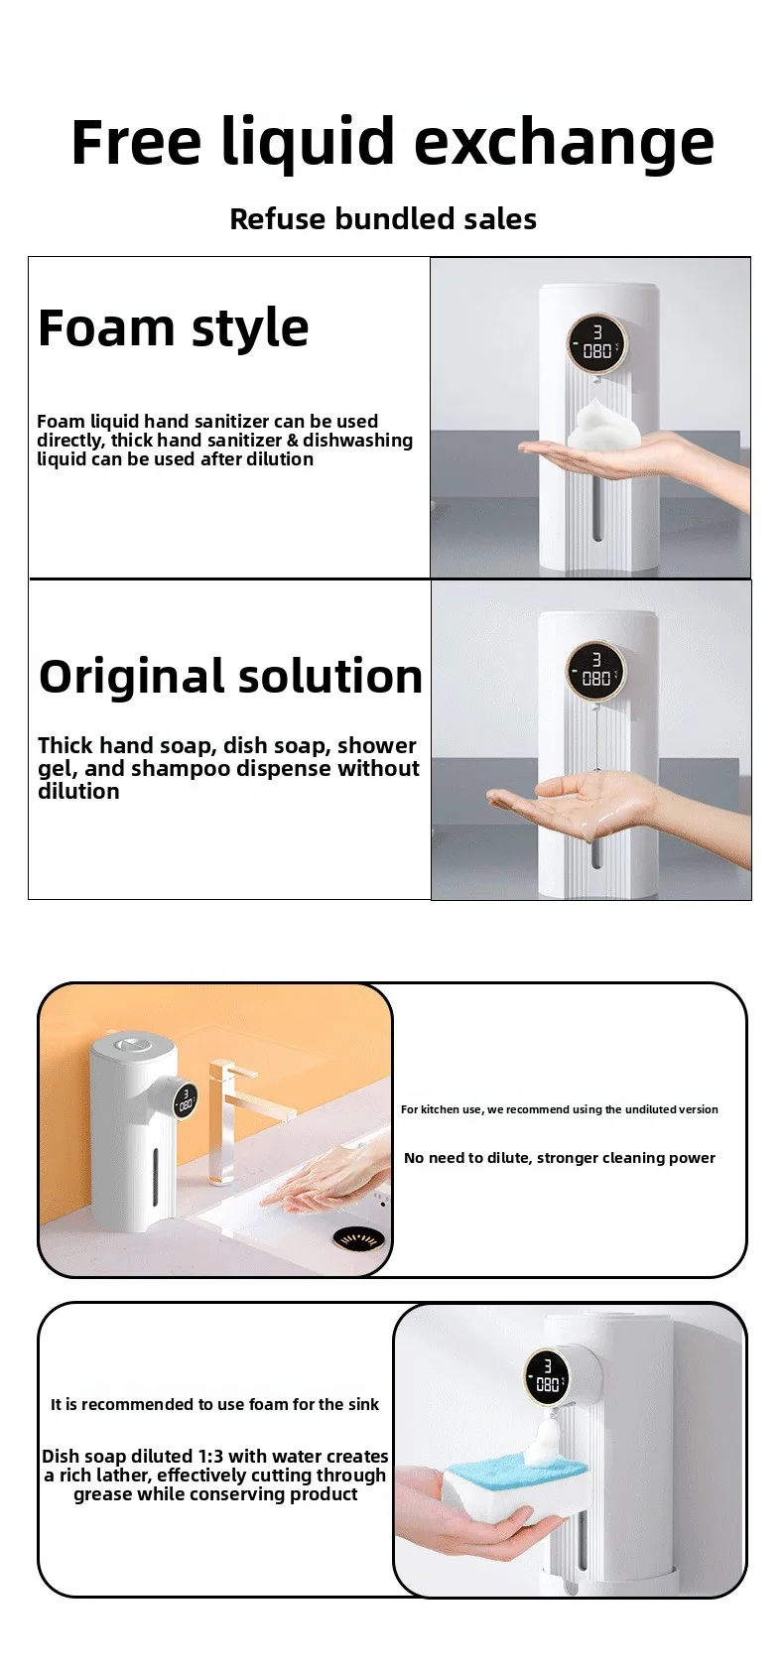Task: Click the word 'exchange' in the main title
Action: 564,142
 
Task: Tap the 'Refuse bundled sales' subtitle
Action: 383,218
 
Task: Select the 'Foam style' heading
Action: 173,327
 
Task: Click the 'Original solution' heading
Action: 230,676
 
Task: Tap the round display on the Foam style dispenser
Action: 596,345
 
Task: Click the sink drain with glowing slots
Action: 359,1239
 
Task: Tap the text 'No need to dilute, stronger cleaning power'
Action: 560,1158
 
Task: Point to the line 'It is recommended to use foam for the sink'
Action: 214,1404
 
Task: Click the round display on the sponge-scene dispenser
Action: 548,1374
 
